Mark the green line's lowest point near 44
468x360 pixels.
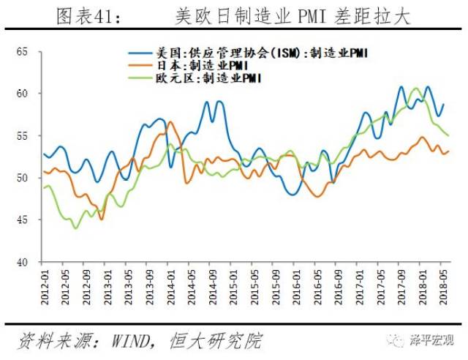(75, 228)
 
